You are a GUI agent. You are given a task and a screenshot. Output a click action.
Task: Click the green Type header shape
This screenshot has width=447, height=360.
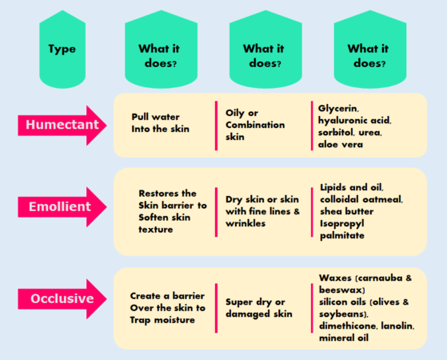(x=62, y=49)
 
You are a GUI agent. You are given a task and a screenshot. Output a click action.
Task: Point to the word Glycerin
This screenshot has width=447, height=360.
(x=338, y=107)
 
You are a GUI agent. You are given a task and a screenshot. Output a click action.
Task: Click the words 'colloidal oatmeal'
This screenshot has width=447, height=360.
(x=361, y=199)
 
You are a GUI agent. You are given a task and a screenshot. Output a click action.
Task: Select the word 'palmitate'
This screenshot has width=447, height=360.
(x=342, y=236)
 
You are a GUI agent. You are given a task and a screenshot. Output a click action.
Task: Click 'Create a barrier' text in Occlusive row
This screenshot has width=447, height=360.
(x=168, y=296)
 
